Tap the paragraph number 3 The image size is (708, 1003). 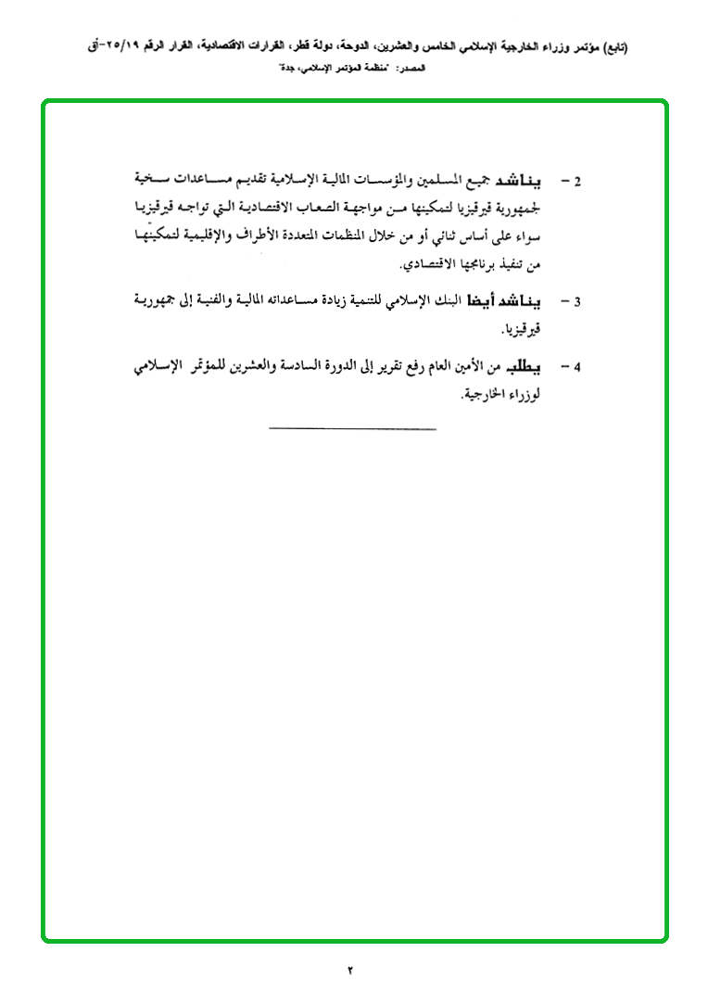pos(576,302)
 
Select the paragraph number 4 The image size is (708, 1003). pos(576,367)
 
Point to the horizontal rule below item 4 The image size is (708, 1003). pos(352,428)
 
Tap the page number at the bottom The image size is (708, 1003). pos(351,971)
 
